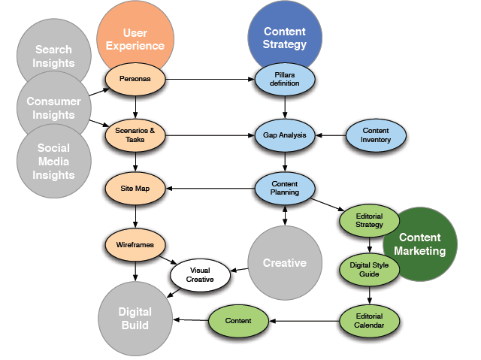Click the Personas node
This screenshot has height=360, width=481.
135,78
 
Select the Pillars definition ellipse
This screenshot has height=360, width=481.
285,78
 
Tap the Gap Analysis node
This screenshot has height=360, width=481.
285,135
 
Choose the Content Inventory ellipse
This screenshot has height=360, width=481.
375,135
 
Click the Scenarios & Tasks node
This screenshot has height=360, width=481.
135,135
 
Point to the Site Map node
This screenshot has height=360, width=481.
135,187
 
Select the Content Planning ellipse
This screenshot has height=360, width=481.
285,187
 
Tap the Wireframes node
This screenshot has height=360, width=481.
135,244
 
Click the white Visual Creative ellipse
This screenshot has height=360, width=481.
200,274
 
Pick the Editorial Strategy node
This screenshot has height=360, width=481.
369,220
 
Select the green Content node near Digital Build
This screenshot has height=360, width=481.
239,320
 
